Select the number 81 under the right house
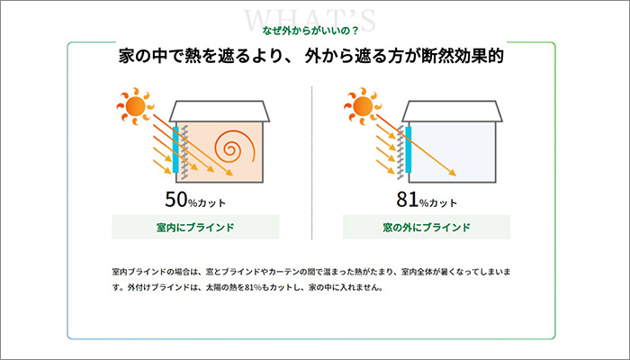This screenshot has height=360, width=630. point(408,198)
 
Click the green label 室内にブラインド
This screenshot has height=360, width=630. point(195,227)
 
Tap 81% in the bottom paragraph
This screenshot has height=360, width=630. point(256,289)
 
